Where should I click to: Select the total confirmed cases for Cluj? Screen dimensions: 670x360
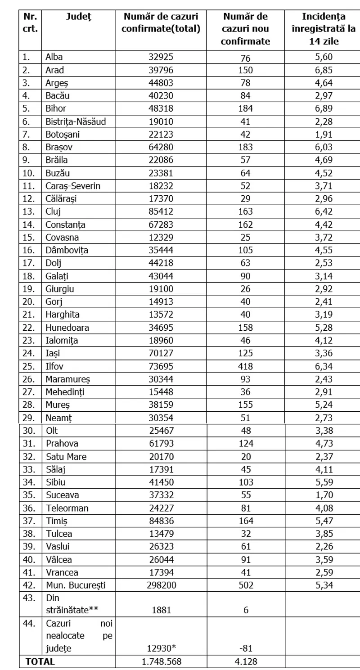(x=161, y=211)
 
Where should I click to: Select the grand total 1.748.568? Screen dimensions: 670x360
(x=161, y=661)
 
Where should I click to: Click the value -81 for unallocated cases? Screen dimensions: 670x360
(x=245, y=648)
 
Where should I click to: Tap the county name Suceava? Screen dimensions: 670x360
(x=63, y=495)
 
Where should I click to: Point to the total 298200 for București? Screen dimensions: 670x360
(x=161, y=585)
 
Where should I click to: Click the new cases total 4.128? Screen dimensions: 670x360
(x=245, y=661)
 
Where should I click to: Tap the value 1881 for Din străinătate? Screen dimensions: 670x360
(x=161, y=610)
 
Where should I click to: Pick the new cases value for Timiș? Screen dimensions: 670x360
(x=245, y=521)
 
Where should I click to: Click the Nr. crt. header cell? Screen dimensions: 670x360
(x=30, y=22)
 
